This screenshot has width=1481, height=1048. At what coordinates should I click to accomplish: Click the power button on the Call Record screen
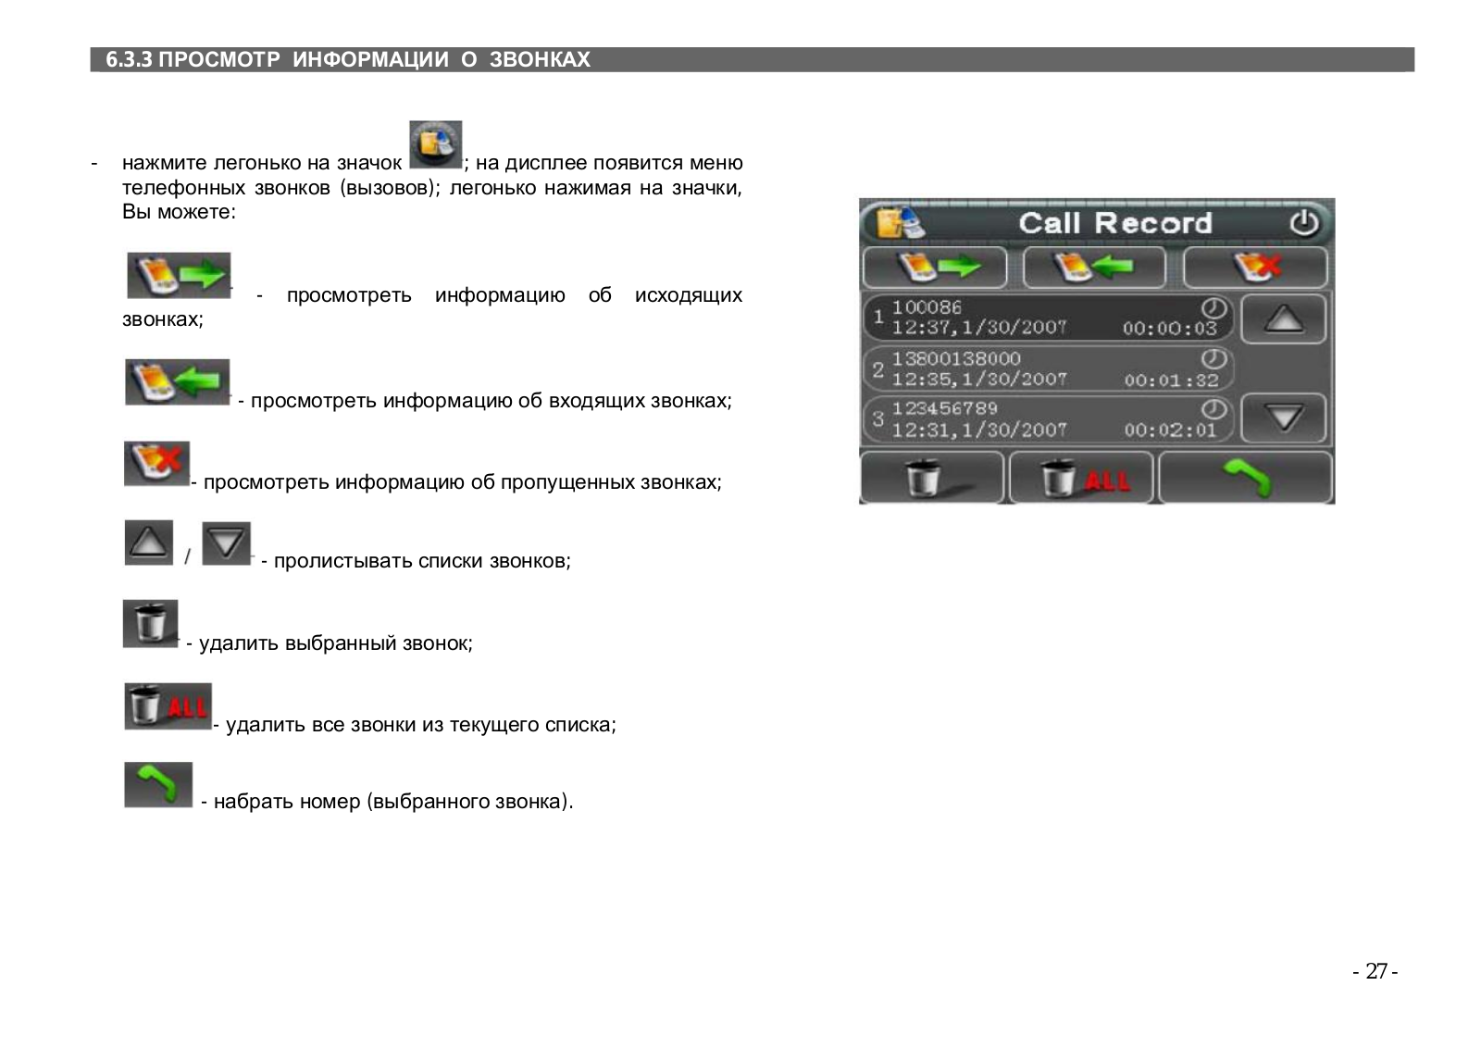tap(1303, 223)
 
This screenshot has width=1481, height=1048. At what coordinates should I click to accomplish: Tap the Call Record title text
tap(1114, 223)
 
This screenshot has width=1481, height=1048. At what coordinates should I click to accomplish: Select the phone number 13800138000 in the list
tap(956, 358)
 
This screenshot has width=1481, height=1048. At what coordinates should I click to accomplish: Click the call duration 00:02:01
tap(1170, 430)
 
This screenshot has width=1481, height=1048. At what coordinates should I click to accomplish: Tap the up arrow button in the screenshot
tap(1283, 319)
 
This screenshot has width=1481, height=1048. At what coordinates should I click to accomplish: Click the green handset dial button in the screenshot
tap(1245, 478)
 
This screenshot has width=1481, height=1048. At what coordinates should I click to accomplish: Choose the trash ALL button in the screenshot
tap(1081, 479)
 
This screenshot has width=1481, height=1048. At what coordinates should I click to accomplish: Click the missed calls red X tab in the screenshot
tap(1255, 268)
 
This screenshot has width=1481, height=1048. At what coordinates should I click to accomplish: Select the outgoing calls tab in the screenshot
tap(935, 268)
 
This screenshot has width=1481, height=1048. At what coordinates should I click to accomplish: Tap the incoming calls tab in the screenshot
tap(1094, 268)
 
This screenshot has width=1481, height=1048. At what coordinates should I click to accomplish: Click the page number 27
tap(1375, 971)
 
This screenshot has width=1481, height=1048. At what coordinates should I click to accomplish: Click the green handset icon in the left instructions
tap(158, 785)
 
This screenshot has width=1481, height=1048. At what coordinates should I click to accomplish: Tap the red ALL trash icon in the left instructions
tap(168, 706)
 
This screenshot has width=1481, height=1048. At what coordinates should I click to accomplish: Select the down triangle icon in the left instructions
tap(226, 543)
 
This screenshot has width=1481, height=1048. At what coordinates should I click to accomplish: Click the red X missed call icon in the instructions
tap(156, 464)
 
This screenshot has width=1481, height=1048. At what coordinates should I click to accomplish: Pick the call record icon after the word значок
tap(435, 144)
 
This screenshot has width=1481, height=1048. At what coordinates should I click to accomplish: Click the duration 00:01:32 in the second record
tap(1171, 380)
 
